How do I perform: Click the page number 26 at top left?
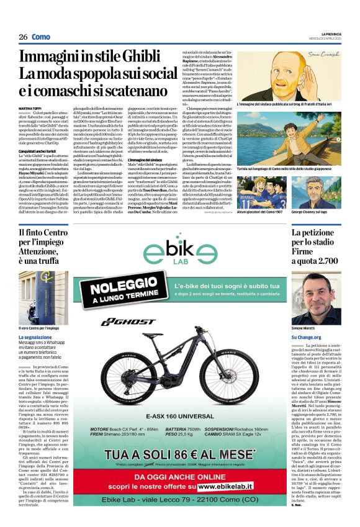click(x=23, y=37)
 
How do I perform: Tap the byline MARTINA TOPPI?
click(x=30, y=108)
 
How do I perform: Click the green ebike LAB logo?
click(x=181, y=254)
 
